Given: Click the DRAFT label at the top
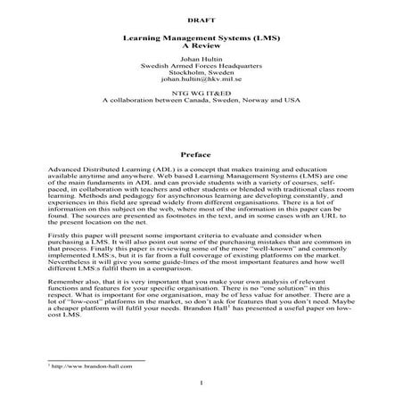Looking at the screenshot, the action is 201,18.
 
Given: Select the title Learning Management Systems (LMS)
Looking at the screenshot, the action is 201,42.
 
